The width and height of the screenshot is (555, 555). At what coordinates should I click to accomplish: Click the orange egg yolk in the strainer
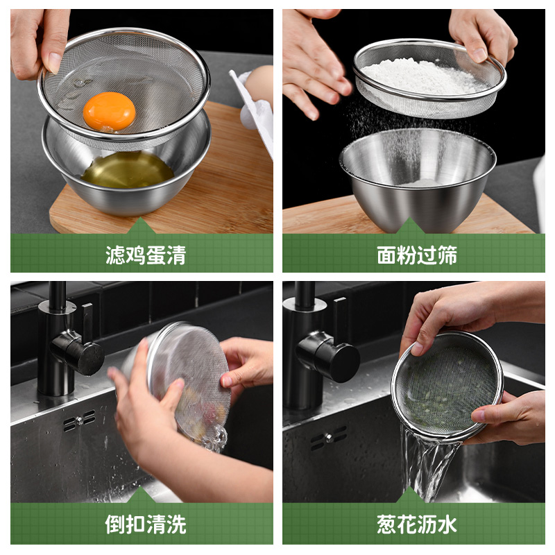pyautogui.click(x=109, y=111)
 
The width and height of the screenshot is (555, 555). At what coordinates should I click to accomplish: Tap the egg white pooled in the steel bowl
pyautogui.click(x=128, y=170)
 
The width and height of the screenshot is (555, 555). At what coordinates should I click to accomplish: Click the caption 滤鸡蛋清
pyautogui.click(x=146, y=255)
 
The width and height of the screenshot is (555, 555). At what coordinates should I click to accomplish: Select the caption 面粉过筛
pyautogui.click(x=417, y=255)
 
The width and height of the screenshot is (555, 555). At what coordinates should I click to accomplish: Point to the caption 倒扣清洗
pyautogui.click(x=146, y=524)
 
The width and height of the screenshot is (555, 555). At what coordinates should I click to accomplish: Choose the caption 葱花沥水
pyautogui.click(x=417, y=524)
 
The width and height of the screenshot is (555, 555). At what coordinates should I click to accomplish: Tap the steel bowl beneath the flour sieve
pyautogui.click(x=418, y=177)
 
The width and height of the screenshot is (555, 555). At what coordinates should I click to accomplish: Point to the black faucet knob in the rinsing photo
pyautogui.click(x=77, y=352)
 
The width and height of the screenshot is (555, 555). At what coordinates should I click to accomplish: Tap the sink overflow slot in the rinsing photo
pyautogui.click(x=79, y=420)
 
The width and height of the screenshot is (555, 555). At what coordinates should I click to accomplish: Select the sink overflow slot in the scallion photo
pyautogui.click(x=328, y=438)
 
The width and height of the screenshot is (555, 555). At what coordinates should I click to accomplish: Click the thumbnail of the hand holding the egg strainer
pyautogui.click(x=54, y=63)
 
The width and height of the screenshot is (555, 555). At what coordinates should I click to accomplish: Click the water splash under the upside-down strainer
pyautogui.click(x=214, y=438)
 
